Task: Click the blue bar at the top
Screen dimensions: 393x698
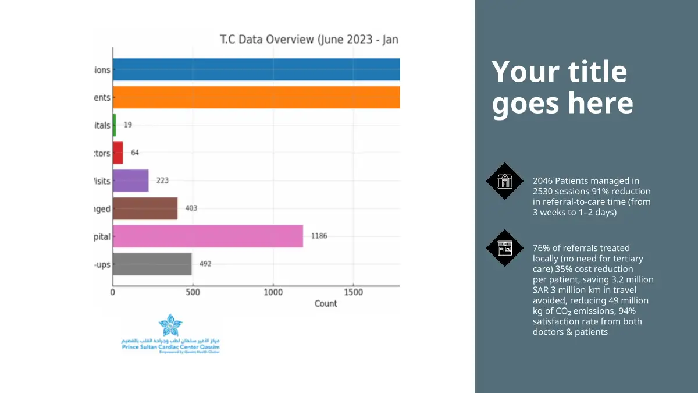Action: click(256, 69)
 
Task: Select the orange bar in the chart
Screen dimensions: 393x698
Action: click(256, 97)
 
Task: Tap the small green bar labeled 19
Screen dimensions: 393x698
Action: click(114, 125)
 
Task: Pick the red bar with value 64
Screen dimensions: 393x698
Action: click(117, 153)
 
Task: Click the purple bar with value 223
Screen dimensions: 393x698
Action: click(130, 180)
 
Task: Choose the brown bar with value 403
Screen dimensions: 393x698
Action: click(145, 208)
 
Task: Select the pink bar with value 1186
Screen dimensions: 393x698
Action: click(208, 236)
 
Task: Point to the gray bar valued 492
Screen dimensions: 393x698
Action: click(152, 264)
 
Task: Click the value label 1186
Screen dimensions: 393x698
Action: click(319, 236)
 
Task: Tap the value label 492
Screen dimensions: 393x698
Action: click(205, 264)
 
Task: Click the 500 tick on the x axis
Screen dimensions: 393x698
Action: click(193, 292)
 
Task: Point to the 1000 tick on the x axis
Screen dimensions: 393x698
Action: click(272, 292)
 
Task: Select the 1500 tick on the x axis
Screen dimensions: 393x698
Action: click(352, 292)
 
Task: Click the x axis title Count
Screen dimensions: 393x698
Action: click(326, 303)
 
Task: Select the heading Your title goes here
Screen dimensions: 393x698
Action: click(562, 87)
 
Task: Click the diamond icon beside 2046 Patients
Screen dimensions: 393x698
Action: click(505, 181)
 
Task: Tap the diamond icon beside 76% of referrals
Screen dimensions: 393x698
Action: click(505, 248)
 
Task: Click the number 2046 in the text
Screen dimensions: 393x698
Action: click(543, 181)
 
